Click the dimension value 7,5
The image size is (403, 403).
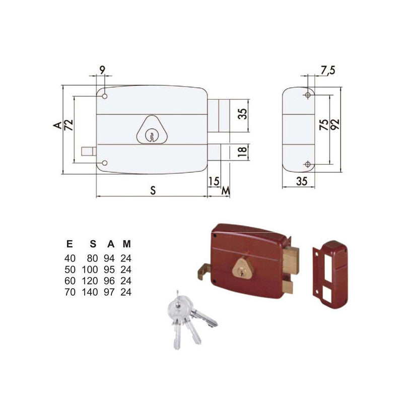click(328, 71)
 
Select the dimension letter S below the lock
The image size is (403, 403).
click(153, 190)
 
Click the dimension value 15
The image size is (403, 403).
click(213, 180)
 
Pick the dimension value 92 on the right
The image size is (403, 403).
click(335, 125)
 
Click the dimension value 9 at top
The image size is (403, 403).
click(103, 71)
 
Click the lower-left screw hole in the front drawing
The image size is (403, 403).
click(105, 163)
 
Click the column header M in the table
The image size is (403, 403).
click(127, 244)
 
